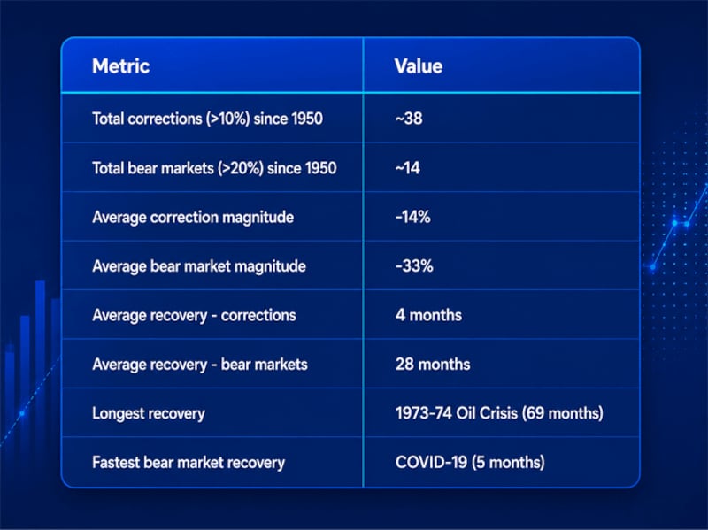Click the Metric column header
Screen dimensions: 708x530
point(120,65)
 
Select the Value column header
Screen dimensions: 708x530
point(418,65)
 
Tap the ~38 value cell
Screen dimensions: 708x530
point(409,119)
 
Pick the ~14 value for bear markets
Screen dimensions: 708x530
point(407,168)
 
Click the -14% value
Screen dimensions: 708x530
point(412,217)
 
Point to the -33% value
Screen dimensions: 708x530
point(414,266)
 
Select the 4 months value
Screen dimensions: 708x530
point(428,315)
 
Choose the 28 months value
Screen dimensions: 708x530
point(433,364)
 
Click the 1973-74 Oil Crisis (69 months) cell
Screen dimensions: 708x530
point(499,413)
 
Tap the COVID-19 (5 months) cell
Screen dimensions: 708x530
point(470,462)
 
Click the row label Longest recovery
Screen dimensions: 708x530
point(149,413)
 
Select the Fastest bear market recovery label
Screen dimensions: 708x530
point(189,463)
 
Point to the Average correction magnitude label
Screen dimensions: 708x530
point(193,218)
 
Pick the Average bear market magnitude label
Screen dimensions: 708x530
point(198,266)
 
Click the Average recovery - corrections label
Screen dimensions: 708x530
point(194,316)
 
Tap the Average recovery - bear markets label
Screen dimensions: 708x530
point(200,365)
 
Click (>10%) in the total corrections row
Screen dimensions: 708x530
point(228,119)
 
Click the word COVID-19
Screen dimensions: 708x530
point(431,462)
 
